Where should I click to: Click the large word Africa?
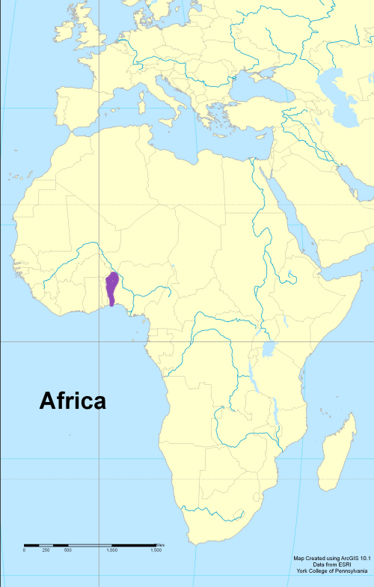coord(73,401)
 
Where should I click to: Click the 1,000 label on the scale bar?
coord(111,550)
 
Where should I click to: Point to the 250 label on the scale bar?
coord(46,550)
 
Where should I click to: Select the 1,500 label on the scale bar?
coord(156,550)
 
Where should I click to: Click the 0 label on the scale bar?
coord(24,550)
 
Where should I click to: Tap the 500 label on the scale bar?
coord(67,550)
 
